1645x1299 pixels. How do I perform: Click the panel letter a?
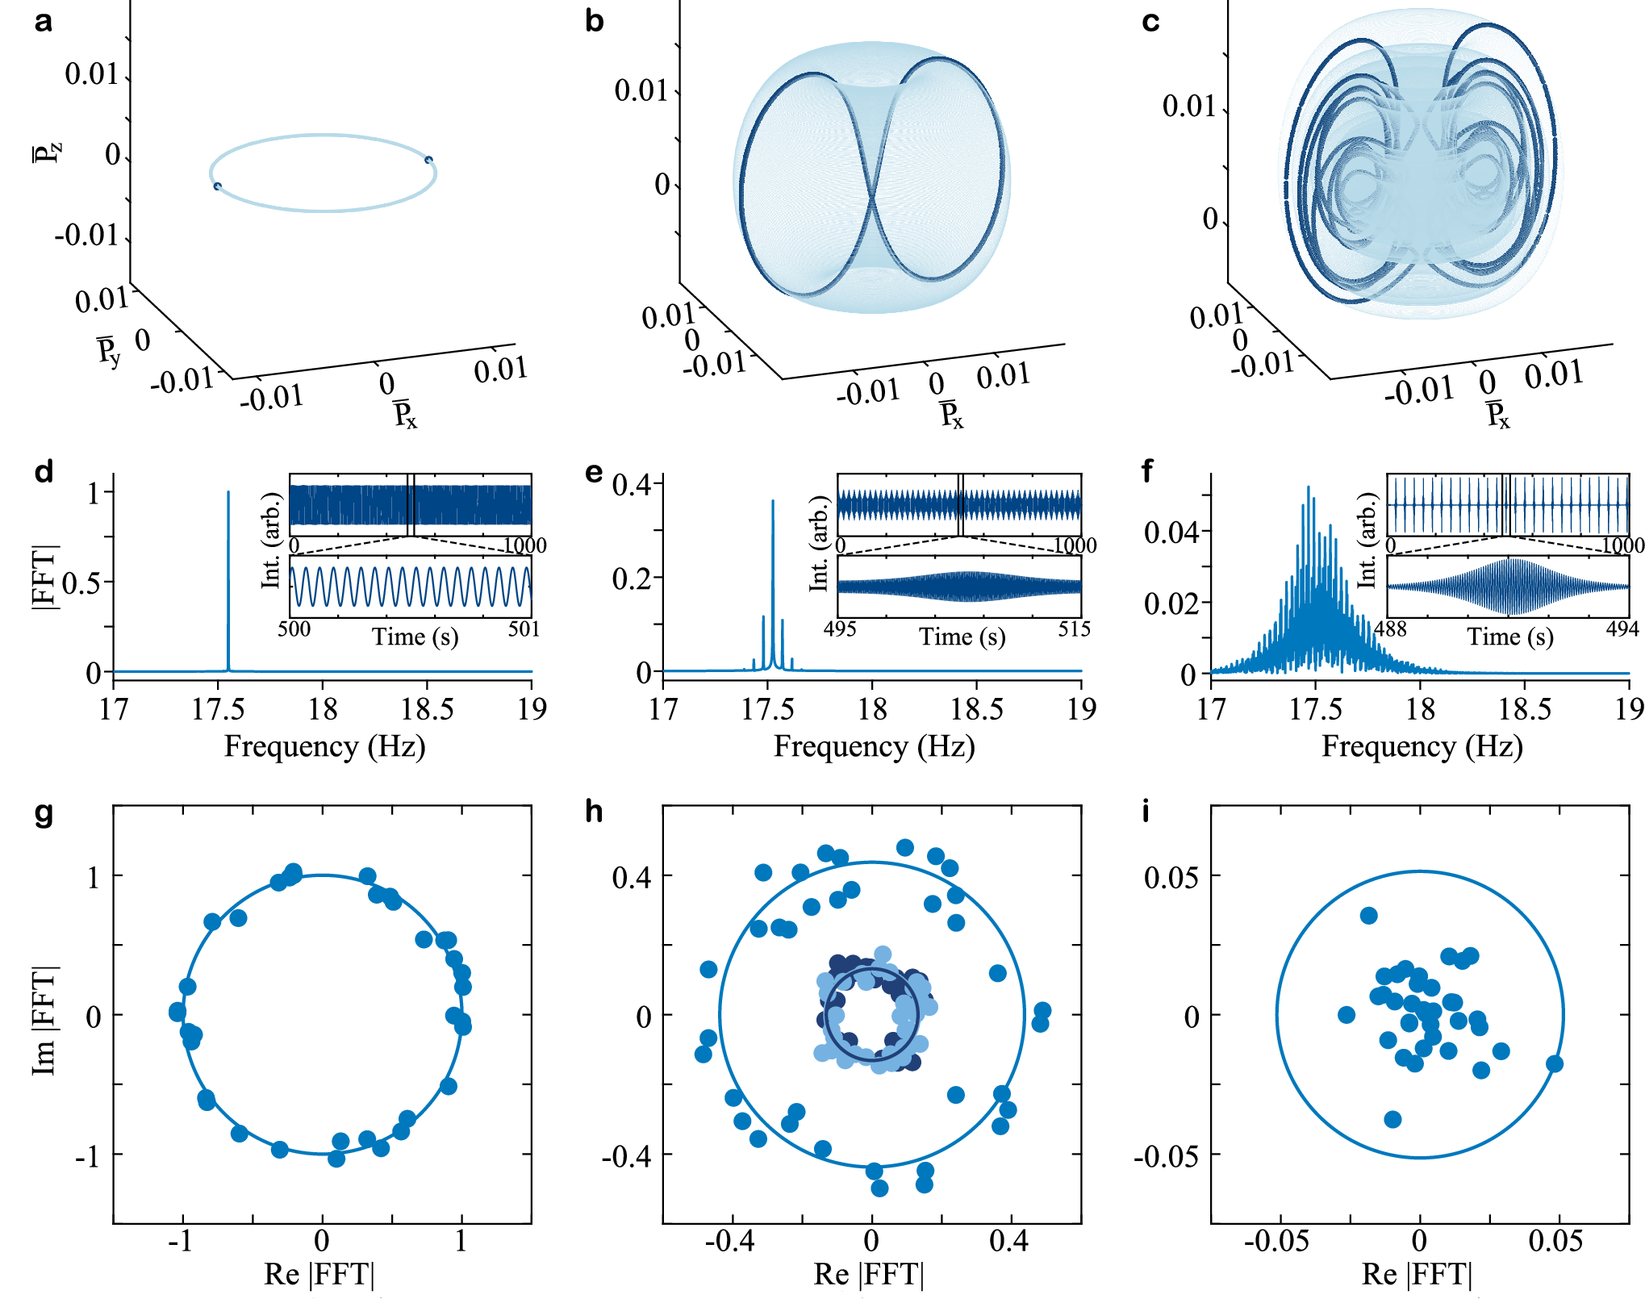(44, 22)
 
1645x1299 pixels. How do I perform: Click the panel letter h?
(594, 811)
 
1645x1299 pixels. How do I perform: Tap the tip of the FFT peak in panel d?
(228, 492)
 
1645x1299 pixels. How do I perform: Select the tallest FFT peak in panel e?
(772, 501)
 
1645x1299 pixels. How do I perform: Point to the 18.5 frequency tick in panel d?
(427, 709)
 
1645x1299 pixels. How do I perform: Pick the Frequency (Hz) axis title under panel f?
(1422, 746)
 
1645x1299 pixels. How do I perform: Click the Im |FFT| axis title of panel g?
(45, 1021)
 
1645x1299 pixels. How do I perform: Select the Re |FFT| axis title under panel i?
(1417, 1274)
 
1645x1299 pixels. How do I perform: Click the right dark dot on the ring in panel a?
(428, 160)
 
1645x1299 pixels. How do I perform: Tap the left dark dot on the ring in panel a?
(217, 186)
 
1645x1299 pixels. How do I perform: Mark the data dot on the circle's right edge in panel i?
(1554, 1063)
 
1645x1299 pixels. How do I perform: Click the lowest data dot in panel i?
(1392, 1119)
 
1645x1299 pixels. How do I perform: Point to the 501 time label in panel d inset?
(524, 629)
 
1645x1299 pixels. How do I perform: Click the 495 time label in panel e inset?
(840, 629)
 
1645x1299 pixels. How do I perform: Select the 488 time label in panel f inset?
(1390, 629)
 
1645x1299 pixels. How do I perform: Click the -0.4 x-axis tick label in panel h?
(729, 1240)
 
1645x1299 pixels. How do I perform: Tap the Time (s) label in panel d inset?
(415, 637)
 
